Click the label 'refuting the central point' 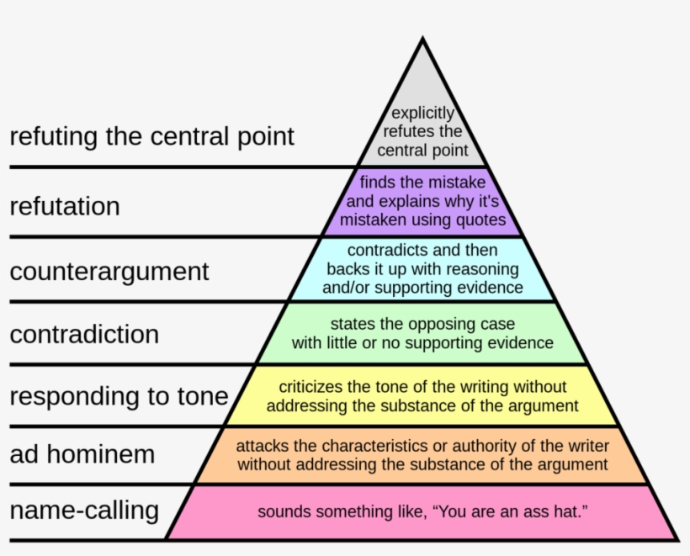click(x=152, y=135)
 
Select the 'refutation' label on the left click(x=65, y=205)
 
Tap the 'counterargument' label click(x=109, y=271)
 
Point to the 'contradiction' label click(x=84, y=333)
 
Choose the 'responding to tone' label click(x=119, y=395)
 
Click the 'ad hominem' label click(x=82, y=454)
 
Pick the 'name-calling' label click(x=84, y=509)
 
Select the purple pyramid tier click(x=422, y=201)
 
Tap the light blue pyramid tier click(x=422, y=269)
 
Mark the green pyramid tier click(x=422, y=333)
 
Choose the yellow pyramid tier click(x=422, y=396)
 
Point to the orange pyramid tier click(x=422, y=455)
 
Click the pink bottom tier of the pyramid click(x=422, y=511)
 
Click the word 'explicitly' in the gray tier click(x=422, y=113)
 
